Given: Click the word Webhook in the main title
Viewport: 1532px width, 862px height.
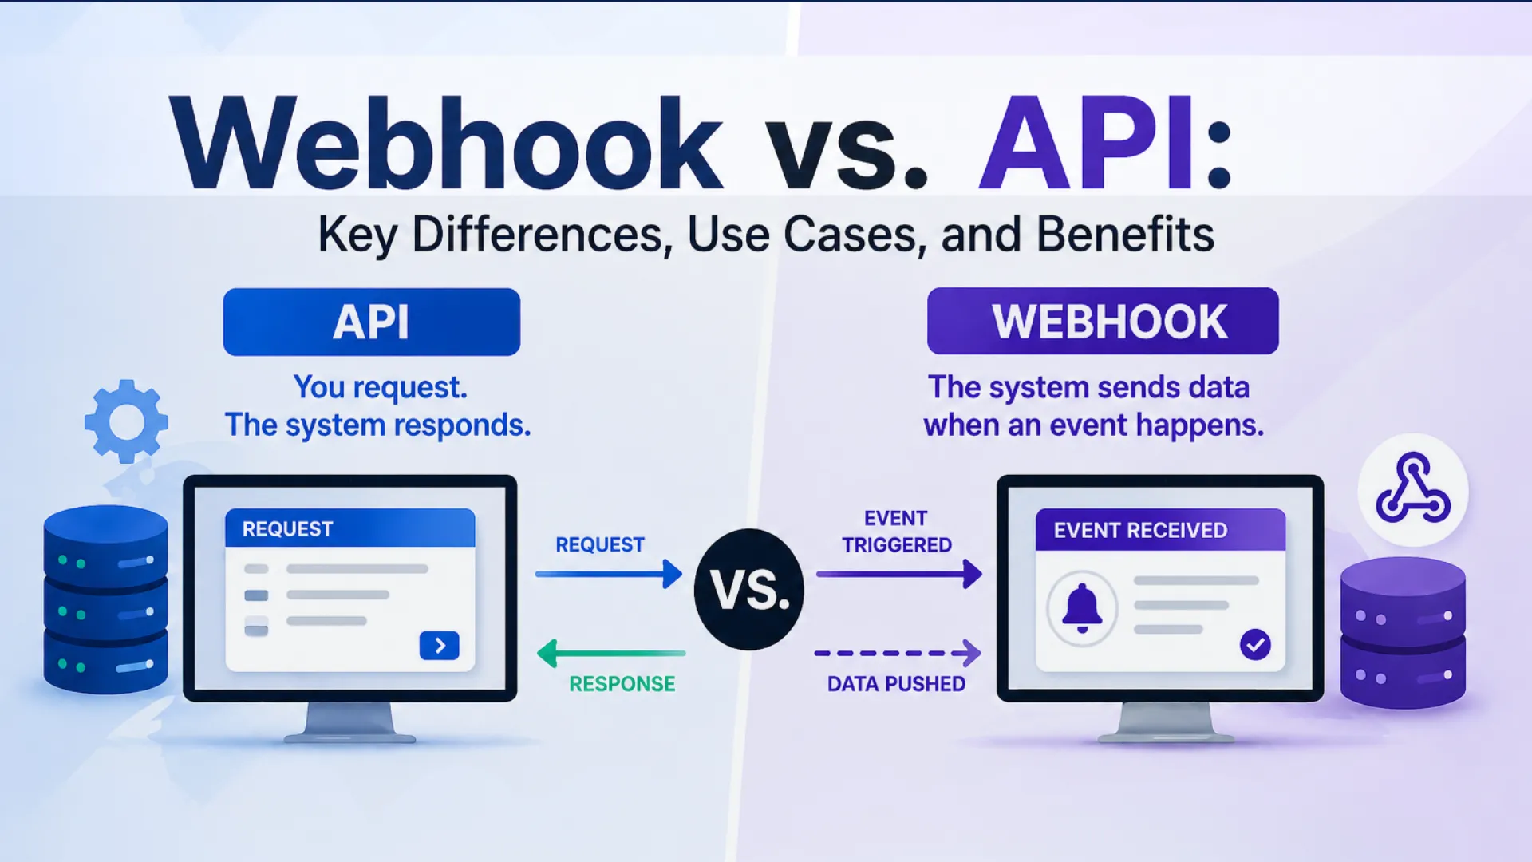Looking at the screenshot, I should [447, 144].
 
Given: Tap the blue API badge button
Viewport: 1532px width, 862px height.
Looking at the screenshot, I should [371, 322].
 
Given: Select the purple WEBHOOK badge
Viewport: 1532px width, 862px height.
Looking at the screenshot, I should [1102, 321].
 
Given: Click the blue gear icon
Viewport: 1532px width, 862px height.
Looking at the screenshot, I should [126, 421].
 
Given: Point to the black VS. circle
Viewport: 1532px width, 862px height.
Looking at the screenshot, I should [748, 590].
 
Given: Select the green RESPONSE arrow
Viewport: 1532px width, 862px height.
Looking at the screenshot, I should [611, 653].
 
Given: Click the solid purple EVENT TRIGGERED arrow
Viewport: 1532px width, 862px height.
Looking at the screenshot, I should [898, 574].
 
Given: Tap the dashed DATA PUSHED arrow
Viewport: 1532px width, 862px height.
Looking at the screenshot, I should [897, 653].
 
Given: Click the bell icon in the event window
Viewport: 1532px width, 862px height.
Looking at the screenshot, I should [1082, 608].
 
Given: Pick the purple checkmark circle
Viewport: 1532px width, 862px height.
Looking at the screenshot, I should [1255, 644].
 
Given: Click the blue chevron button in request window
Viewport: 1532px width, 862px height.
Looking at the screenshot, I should [439, 645].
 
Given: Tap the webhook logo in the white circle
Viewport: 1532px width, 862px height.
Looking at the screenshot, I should [1412, 488].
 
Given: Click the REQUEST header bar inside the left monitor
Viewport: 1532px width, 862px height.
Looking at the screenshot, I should [349, 528].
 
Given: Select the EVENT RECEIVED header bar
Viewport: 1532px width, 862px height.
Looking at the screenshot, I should [1160, 530].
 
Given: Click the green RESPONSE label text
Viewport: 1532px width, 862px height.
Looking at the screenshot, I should [622, 684].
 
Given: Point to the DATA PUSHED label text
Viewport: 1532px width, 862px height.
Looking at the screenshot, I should [896, 684].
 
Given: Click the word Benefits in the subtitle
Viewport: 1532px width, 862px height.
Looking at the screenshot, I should [1125, 235].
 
